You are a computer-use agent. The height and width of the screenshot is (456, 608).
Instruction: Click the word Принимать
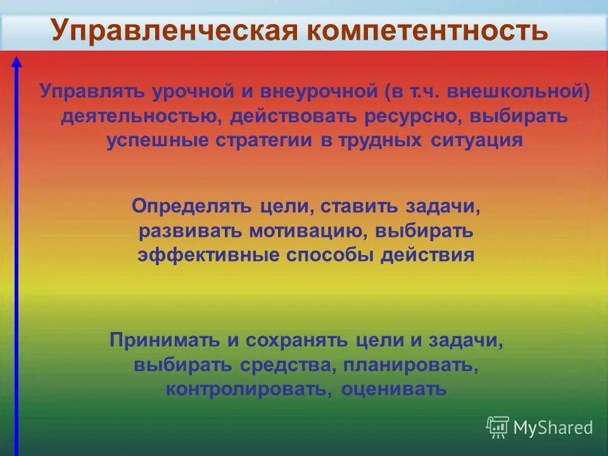(166, 340)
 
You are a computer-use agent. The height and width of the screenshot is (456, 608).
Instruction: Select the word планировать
(411, 365)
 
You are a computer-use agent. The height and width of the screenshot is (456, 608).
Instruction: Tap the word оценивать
(394, 388)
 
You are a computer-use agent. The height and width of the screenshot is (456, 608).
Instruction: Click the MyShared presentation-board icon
(498, 427)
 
